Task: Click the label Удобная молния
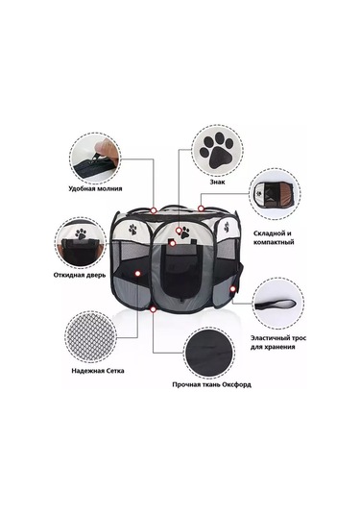coord(95,189)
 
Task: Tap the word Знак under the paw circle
coord(218,182)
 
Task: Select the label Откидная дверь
coord(80,275)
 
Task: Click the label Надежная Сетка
coord(98,371)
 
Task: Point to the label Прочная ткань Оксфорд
coord(211,384)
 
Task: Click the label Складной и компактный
coord(274,237)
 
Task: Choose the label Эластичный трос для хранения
coord(278,342)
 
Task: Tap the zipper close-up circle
coord(95,159)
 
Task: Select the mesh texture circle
coord(90,337)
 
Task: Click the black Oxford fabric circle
coord(209,353)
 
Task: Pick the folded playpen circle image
coord(275,194)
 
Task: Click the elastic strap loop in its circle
coord(276,305)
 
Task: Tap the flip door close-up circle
coord(81,243)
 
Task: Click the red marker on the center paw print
coord(179,231)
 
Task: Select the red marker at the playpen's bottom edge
coord(153,308)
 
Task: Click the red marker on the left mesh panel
coord(137,273)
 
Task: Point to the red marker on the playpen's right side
coord(233,289)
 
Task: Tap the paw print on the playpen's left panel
coord(133,229)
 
